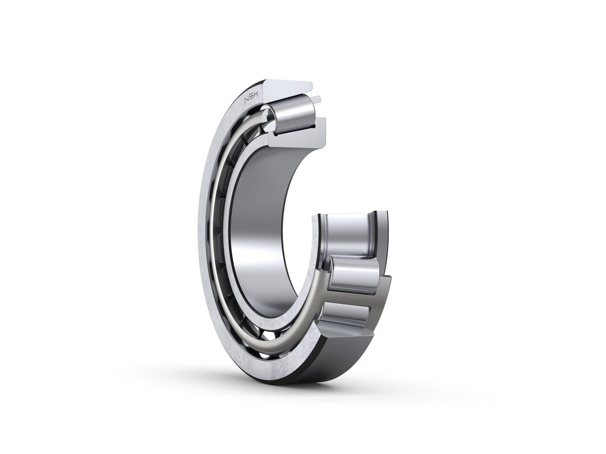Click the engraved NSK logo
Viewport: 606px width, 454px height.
tap(251, 100)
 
